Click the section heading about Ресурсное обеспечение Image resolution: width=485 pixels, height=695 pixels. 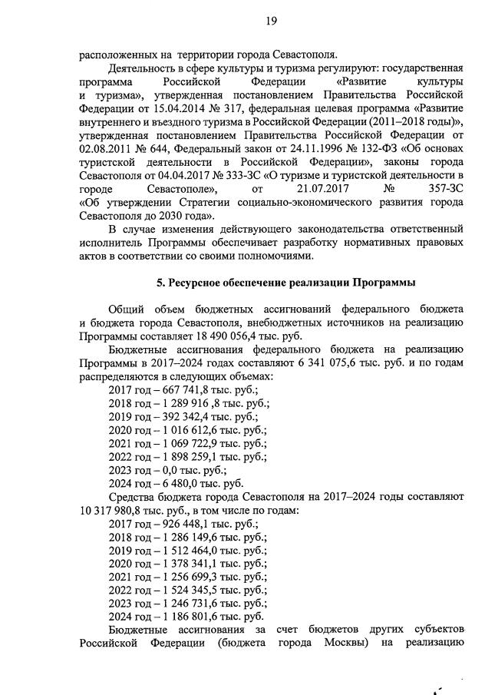281,283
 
